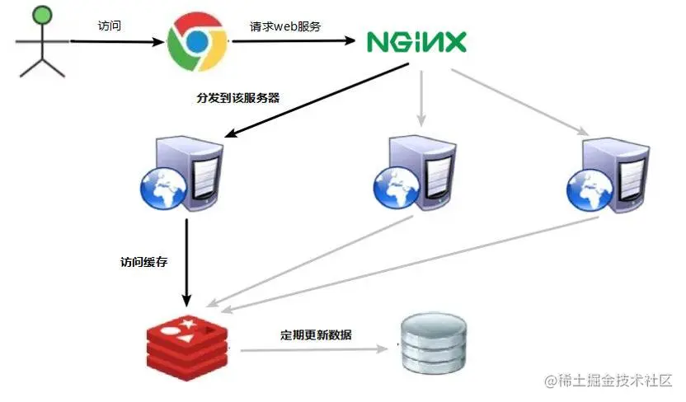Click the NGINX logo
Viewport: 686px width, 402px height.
[416, 41]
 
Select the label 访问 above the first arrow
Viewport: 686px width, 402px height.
[108, 26]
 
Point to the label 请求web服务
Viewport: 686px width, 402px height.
[285, 26]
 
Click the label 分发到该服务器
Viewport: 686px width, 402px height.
[238, 97]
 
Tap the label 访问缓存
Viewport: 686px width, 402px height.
[144, 264]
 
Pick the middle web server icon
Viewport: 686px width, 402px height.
[413, 175]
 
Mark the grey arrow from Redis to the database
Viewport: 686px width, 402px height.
[313, 350]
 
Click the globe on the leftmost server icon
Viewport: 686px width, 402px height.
[160, 189]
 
